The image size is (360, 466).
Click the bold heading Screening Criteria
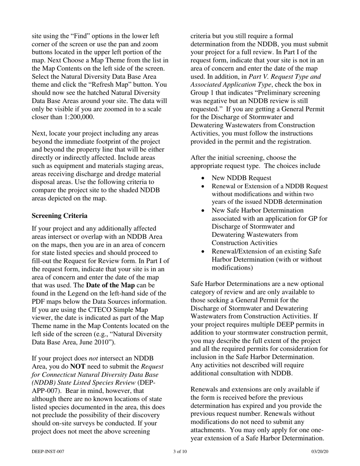(59, 216)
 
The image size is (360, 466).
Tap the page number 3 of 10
(180, 451)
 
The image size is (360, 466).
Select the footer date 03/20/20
(319, 451)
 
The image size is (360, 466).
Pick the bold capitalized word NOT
(78, 367)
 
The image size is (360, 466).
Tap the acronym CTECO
(88, 310)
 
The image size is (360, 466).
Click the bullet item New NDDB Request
(241, 178)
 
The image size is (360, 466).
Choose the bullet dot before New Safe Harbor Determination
(204, 210)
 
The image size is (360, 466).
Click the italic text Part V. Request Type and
(280, 77)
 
